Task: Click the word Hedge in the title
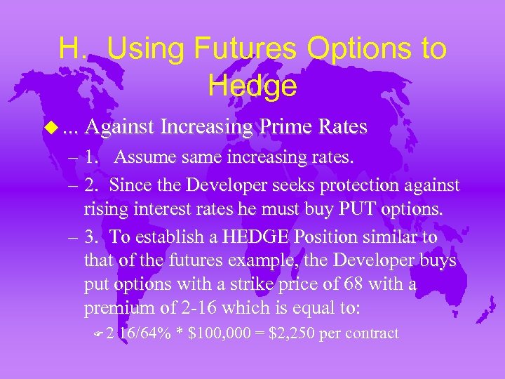252,86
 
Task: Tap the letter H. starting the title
72,49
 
